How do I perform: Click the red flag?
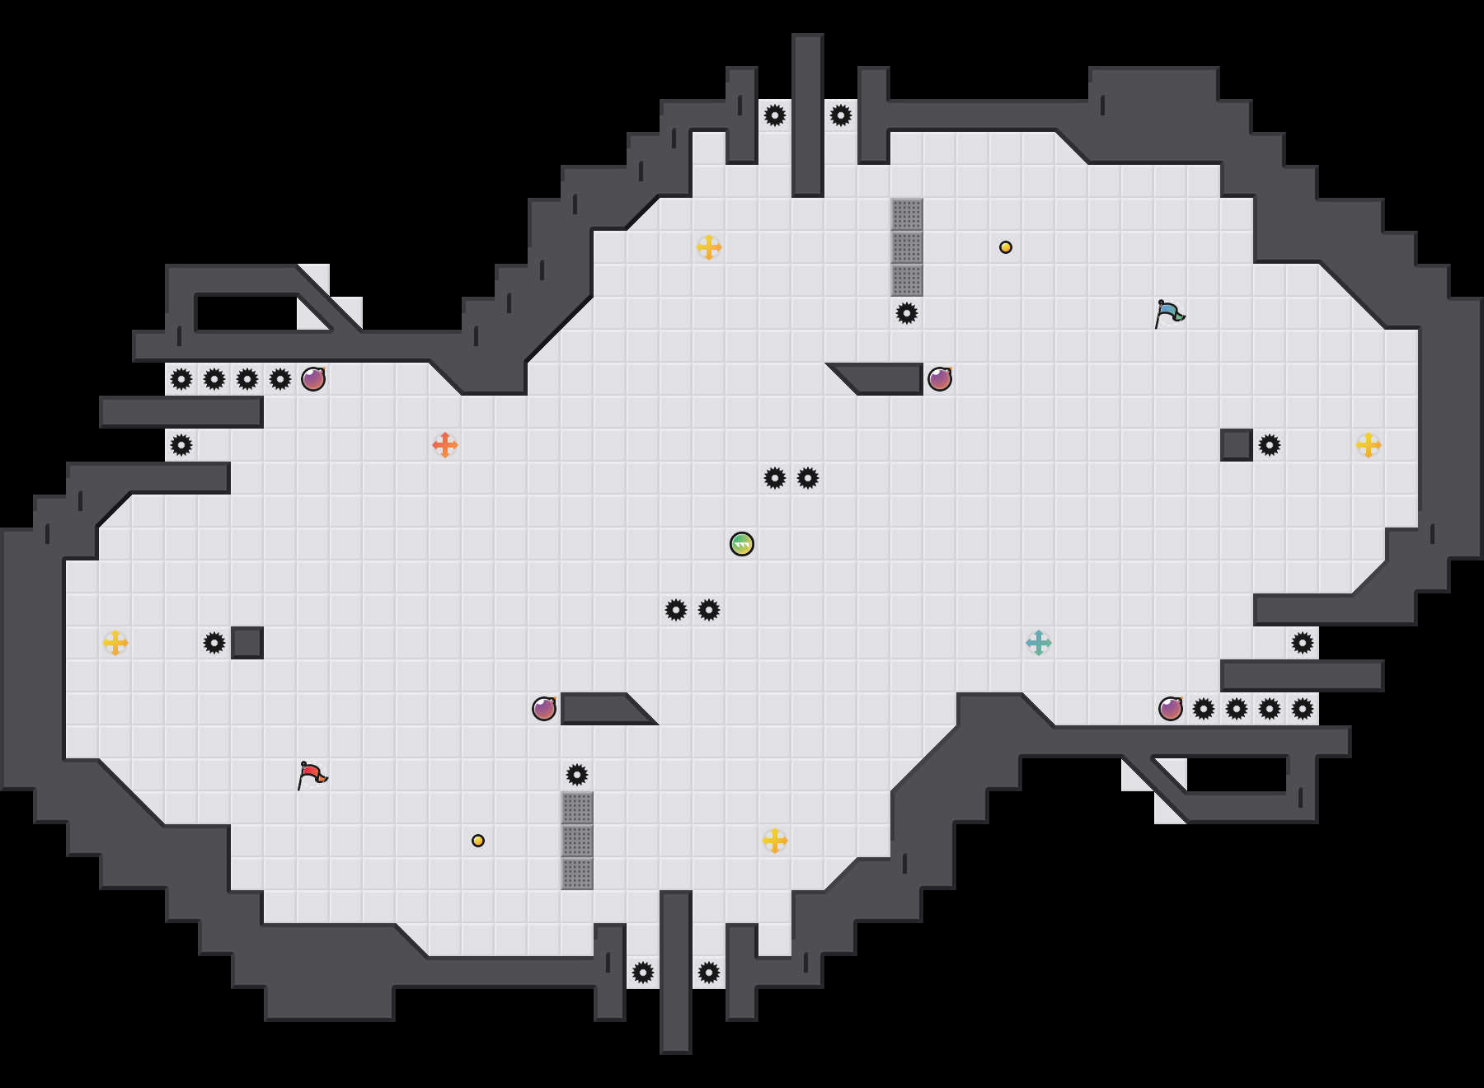pyautogui.click(x=312, y=775)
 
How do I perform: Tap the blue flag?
pyautogui.click(x=1169, y=313)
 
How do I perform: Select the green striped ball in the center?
pyautogui.click(x=742, y=544)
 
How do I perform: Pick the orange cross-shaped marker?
pyautogui.click(x=445, y=445)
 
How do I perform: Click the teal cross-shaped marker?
pyautogui.click(x=1039, y=643)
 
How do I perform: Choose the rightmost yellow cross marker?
pyautogui.click(x=1369, y=445)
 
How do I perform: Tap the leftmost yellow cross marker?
pyautogui.click(x=115, y=643)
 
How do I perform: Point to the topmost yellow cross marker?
pyautogui.click(x=709, y=247)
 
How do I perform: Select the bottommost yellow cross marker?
pyautogui.click(x=775, y=841)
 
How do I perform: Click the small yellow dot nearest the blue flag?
pyautogui.click(x=1006, y=247)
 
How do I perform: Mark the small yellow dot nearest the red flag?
pyautogui.click(x=478, y=841)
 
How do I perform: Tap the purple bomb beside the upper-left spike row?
pyautogui.click(x=313, y=379)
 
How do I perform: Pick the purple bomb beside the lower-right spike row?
pyautogui.click(x=1171, y=709)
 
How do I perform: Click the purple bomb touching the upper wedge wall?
pyautogui.click(x=940, y=379)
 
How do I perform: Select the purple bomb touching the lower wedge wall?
pyautogui.click(x=544, y=709)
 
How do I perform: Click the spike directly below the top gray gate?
pyautogui.click(x=907, y=313)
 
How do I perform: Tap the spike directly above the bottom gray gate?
pyautogui.click(x=577, y=775)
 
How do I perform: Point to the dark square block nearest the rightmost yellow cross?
pyautogui.click(x=1237, y=445)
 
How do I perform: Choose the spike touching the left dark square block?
pyautogui.click(x=214, y=643)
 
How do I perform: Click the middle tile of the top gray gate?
pyautogui.click(x=907, y=247)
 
